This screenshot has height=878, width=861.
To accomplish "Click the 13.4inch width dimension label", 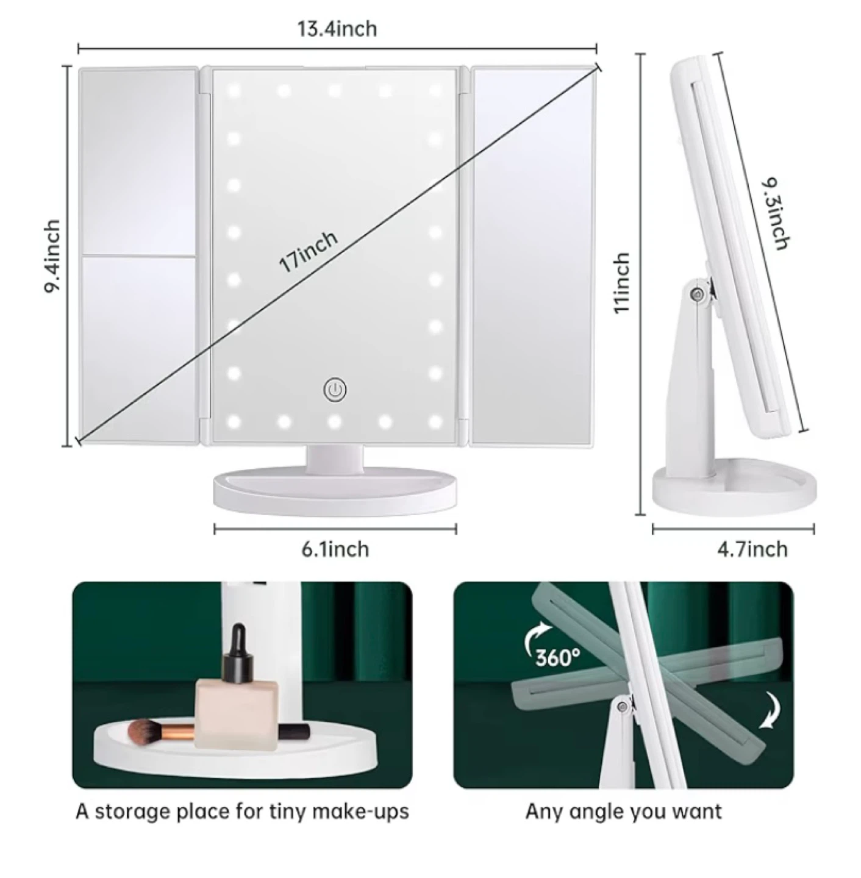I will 337,29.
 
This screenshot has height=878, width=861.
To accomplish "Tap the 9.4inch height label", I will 52,256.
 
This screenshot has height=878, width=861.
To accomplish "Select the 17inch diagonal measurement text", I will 308,252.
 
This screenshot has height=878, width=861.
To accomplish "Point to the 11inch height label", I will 621,283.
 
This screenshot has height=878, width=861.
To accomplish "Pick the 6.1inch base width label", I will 335,549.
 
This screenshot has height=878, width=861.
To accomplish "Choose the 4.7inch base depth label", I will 752,549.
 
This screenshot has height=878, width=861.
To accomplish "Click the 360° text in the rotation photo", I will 557,657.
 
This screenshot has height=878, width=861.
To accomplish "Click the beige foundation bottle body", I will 237,712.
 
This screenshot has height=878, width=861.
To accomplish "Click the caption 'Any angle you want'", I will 623,812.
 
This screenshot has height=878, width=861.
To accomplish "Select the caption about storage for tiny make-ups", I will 242,812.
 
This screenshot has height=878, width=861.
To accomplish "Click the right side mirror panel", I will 531,255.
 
